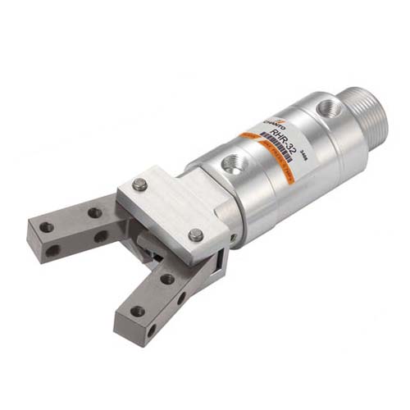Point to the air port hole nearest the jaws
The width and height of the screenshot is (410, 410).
pos(230,161)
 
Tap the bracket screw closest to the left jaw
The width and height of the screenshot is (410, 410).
pos(140,185)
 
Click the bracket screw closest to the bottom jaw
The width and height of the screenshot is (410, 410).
pos(196,235)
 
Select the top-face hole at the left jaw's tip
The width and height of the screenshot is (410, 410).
pos(47,227)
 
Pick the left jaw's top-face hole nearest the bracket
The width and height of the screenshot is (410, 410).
pos(95,212)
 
